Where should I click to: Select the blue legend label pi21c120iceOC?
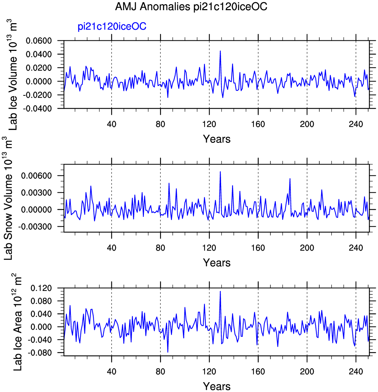tap(112, 27)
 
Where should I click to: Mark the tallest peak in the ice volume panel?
tap(220, 51)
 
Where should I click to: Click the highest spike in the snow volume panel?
tap(220, 172)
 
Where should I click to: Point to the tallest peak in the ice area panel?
tap(220, 291)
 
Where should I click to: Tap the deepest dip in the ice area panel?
tap(168, 352)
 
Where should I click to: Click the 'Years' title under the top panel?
tap(217, 139)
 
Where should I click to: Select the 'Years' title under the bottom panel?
tap(217, 386)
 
